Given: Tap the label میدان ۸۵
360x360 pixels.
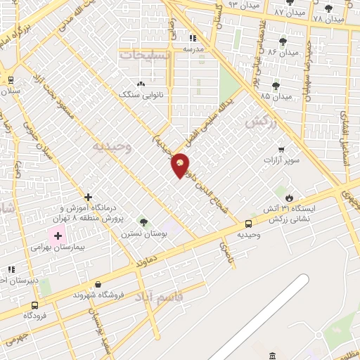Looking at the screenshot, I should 275,96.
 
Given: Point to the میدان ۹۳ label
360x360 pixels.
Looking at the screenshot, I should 264,6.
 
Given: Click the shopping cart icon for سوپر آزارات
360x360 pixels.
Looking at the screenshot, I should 281,150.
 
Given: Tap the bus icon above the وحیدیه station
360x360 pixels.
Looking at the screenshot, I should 249,224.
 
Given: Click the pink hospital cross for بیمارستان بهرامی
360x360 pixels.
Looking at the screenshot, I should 58,235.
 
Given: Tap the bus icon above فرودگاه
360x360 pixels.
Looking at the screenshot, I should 34,305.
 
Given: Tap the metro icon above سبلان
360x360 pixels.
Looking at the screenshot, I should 10,79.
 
